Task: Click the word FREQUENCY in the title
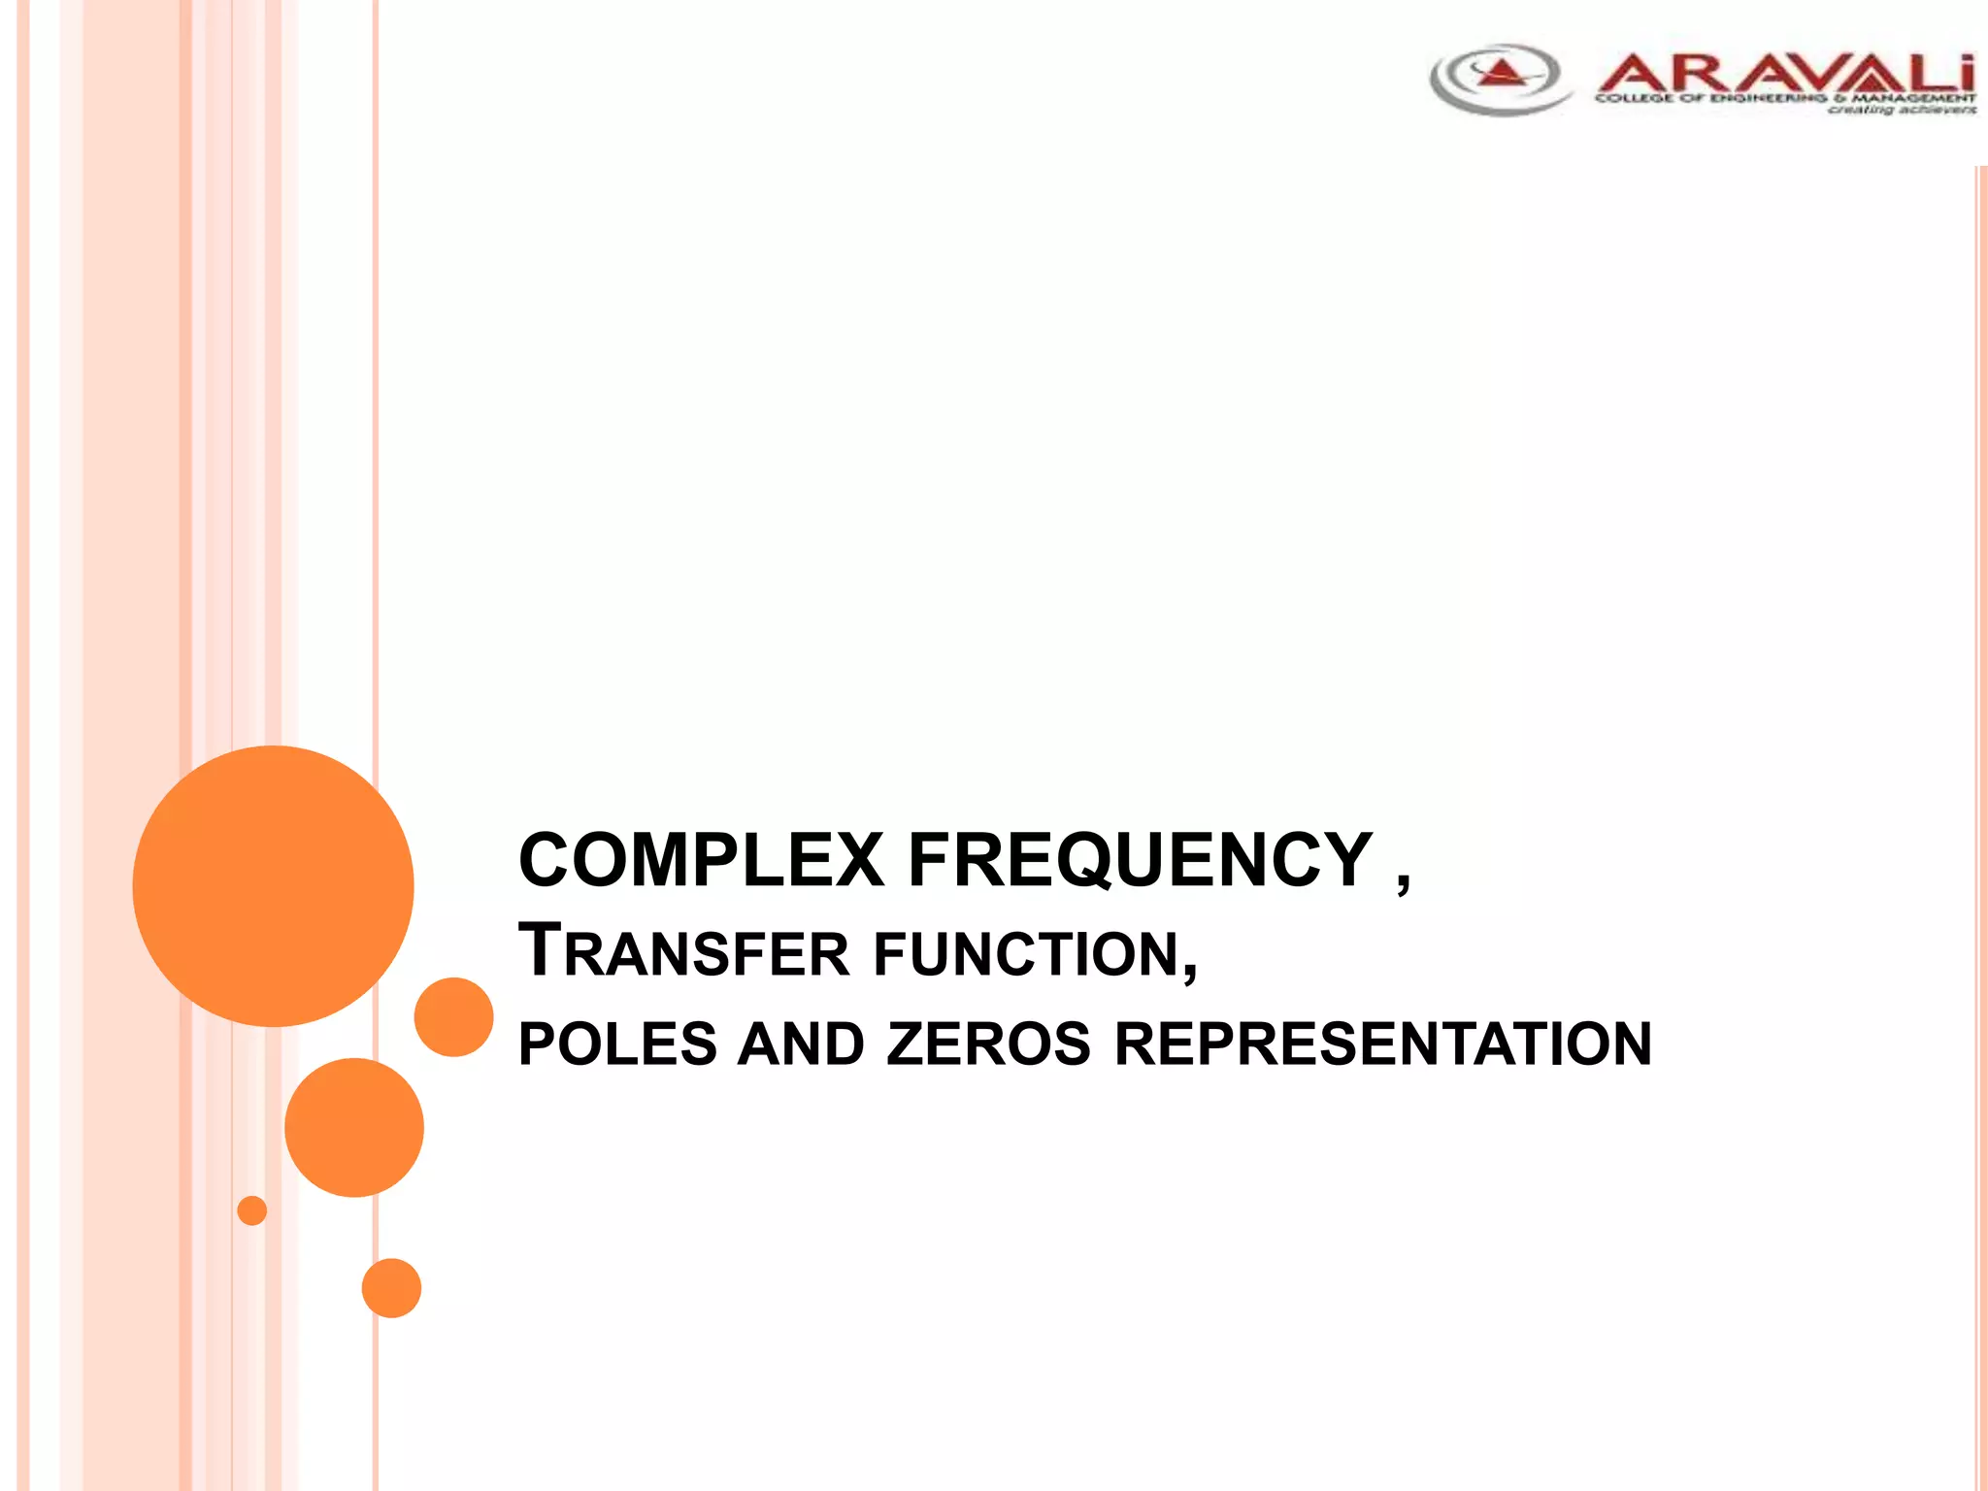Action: tap(1140, 860)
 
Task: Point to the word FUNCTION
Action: tap(1035, 953)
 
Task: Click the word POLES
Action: tap(617, 1044)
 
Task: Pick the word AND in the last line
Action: tap(801, 1044)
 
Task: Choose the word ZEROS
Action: tap(988, 1044)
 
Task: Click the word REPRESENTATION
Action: tap(1382, 1044)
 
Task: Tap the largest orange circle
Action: tap(273, 885)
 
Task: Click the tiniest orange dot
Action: tap(251, 1210)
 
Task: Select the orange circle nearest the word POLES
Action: tap(453, 1016)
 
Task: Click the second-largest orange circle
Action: tap(354, 1127)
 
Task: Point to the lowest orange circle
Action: tap(391, 1288)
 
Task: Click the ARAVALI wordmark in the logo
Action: tap(1784, 74)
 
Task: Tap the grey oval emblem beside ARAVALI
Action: tap(1500, 80)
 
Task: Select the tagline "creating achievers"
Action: tap(1901, 110)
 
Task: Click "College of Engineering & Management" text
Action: tap(1784, 98)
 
